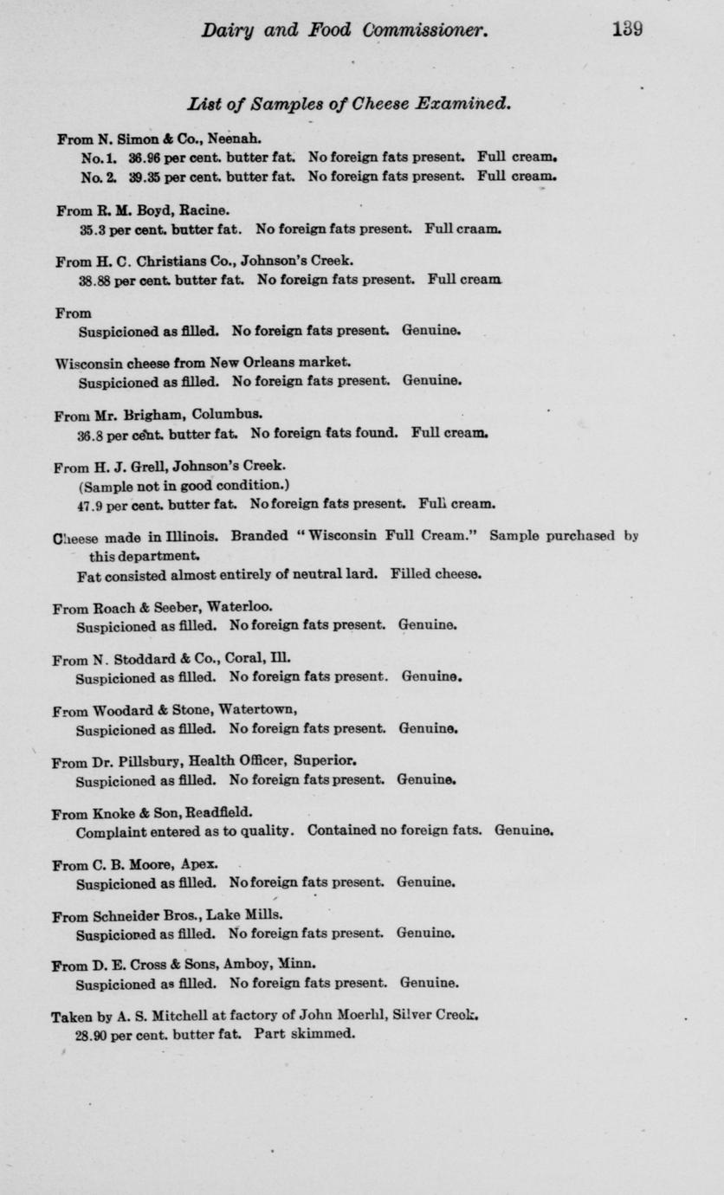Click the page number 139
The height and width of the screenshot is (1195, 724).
point(626,30)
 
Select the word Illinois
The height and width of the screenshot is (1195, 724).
point(182,536)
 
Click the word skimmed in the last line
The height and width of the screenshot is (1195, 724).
point(324,1034)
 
